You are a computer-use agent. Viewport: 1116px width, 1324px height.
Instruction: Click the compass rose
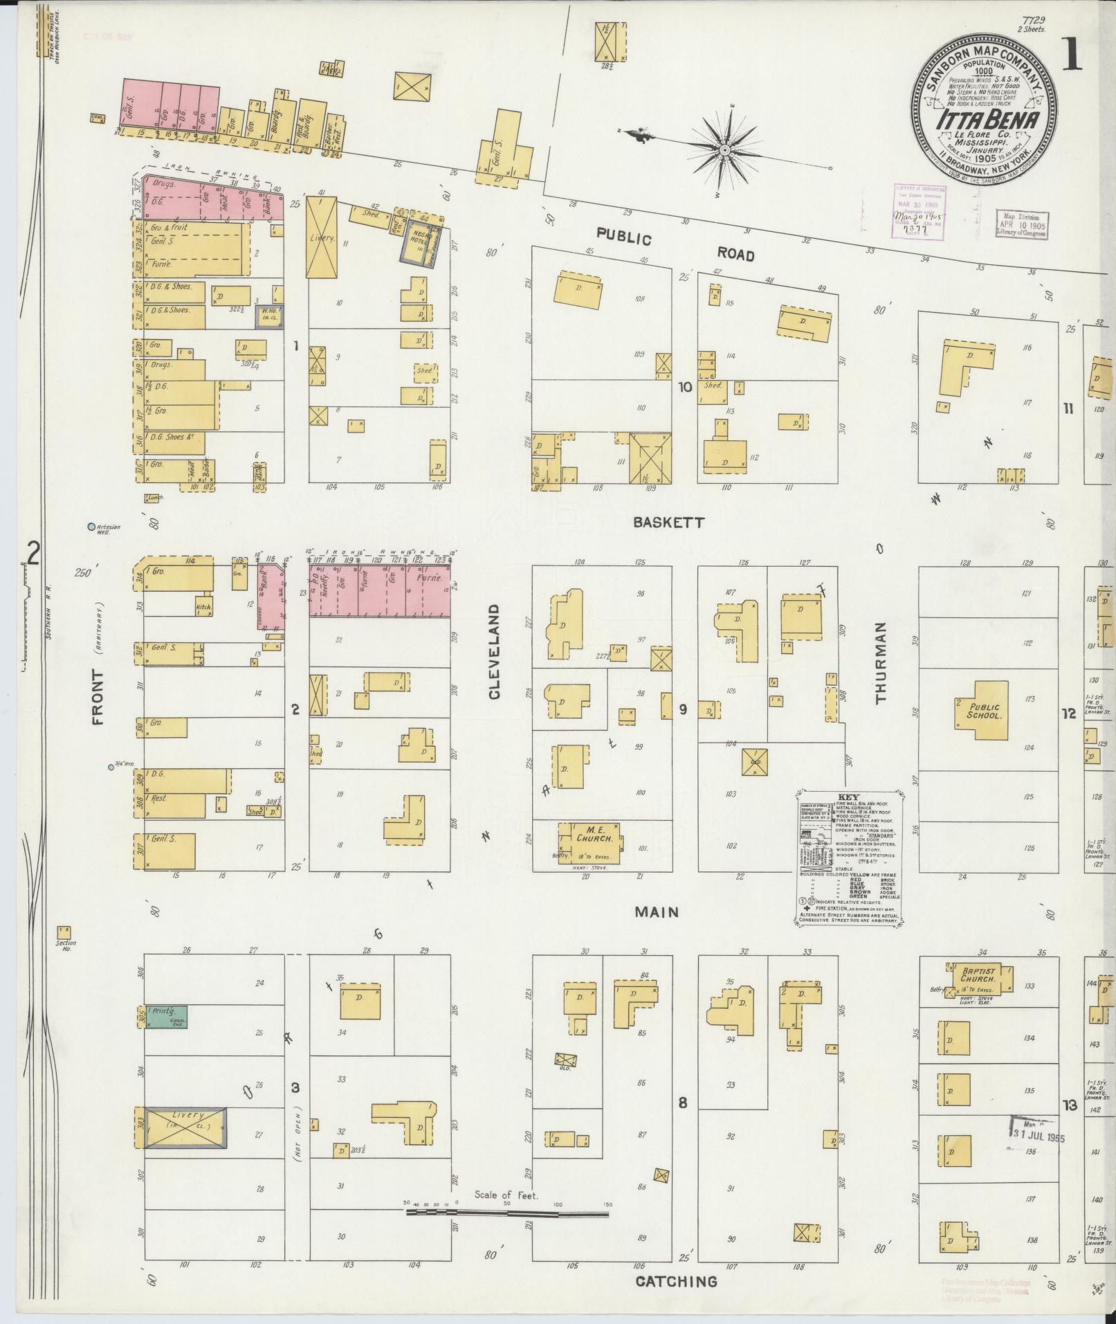coord(725,150)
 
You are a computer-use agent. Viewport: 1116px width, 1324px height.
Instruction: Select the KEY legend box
coord(848,856)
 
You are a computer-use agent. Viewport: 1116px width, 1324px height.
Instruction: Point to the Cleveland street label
coord(495,651)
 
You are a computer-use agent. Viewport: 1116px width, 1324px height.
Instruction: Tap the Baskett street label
coord(668,523)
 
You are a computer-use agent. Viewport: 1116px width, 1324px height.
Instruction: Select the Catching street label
coord(675,1282)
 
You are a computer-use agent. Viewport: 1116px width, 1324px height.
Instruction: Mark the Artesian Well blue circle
coord(91,527)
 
